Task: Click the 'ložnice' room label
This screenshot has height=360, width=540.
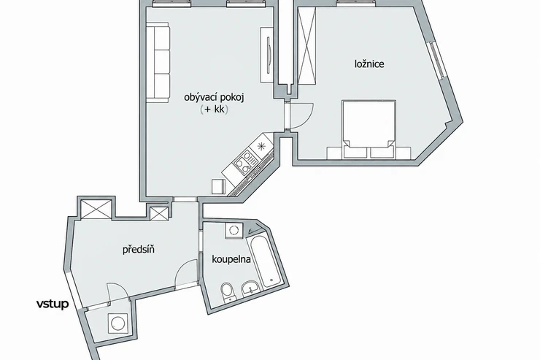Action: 369,64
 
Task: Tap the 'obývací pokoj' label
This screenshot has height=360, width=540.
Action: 214,98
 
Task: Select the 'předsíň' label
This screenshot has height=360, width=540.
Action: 139,249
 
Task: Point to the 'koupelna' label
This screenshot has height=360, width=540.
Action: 231,259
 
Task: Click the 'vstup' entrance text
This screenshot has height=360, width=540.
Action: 53,304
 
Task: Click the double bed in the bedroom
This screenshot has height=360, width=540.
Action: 369,129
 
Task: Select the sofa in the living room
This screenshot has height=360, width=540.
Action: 158,62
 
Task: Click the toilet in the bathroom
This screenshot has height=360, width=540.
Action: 228,293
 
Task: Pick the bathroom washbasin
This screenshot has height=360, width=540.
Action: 251,288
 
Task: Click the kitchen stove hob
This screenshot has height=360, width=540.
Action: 245,162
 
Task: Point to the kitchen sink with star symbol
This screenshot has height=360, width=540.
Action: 261,145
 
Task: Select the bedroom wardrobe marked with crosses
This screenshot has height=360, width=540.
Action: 306,45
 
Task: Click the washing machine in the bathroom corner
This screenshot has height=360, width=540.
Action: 234,230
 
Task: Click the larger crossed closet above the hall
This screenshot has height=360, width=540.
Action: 96,209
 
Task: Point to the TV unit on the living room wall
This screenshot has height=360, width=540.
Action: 267,55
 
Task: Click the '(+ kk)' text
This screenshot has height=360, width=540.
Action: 214,110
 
